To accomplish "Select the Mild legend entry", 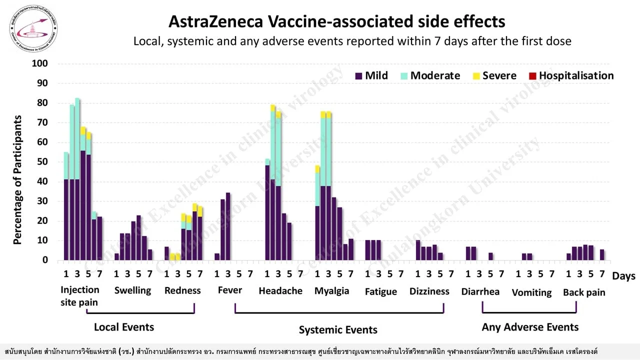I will click(371, 76).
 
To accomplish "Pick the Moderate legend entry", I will click(430, 76).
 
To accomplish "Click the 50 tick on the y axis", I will click(41, 162).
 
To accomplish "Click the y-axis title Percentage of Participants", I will click(18, 180).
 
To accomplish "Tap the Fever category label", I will click(230, 290).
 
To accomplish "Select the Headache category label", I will click(280, 291).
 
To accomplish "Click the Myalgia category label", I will click(331, 291).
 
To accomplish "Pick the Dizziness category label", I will click(429, 291).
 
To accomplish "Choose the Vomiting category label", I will click(531, 292).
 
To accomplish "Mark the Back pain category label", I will click(584, 292).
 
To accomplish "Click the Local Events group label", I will click(124, 327).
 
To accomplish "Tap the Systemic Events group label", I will click(338, 330).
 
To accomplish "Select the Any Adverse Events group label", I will click(530, 327).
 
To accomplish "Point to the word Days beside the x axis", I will click(623, 276).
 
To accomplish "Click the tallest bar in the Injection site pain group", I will click(77, 180).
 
